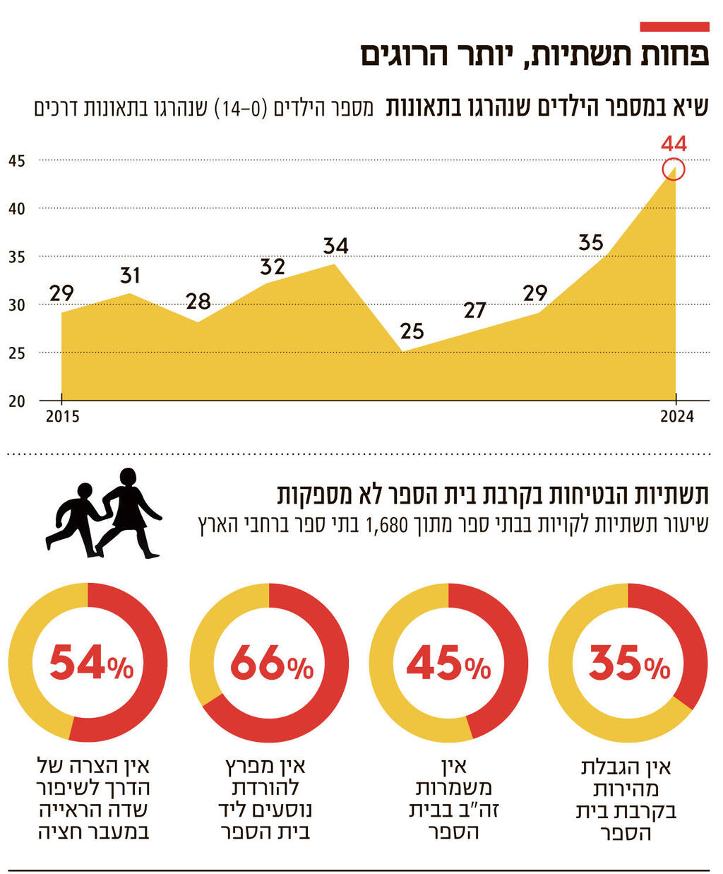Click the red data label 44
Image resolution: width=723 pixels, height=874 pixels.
674,144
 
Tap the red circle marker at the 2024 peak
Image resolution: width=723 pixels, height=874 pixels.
674,170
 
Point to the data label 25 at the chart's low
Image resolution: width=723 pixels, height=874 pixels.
412,331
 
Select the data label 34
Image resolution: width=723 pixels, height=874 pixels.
335,246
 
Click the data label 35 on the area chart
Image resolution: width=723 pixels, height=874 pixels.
591,242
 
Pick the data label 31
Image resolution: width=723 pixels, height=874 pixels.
130,275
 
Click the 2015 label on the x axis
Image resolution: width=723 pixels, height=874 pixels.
62,416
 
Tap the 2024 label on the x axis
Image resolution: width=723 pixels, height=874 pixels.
676,416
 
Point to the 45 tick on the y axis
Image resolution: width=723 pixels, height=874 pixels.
17,161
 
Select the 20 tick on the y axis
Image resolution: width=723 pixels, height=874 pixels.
17,401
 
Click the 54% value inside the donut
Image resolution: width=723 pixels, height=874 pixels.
90,663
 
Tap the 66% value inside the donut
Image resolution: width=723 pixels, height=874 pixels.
271,663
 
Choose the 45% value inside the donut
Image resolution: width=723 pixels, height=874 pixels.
448,663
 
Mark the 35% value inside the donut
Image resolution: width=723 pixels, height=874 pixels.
629,663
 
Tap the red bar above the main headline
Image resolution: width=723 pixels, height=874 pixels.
674,27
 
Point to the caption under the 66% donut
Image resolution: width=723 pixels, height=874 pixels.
265,798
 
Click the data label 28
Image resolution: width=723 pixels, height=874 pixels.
198,302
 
